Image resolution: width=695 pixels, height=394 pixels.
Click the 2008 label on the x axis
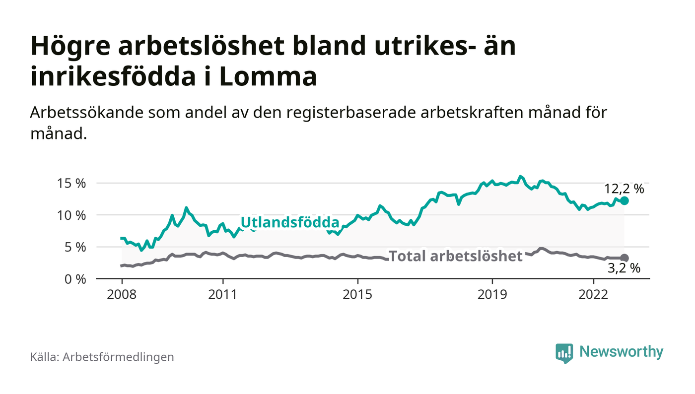point(122,294)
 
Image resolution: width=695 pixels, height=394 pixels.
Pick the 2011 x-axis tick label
point(223,294)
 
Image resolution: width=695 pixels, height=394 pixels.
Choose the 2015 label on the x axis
point(357,294)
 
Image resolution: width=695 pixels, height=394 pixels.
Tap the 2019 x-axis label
point(492,294)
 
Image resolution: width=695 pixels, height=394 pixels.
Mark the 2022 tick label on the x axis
point(593,294)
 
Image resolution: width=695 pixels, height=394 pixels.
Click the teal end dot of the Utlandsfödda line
point(625,200)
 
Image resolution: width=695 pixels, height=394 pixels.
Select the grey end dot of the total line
point(625,258)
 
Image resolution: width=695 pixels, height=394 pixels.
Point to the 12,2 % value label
point(624,189)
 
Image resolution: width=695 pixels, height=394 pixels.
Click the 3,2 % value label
point(624,269)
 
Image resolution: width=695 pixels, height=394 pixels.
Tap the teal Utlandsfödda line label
point(289,222)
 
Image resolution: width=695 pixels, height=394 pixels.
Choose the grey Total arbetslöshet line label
point(455,256)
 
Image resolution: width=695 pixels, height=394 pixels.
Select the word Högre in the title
point(69,47)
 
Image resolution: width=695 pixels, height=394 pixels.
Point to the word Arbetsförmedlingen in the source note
point(118,357)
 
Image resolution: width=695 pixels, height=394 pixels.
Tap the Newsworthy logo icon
point(564,353)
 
